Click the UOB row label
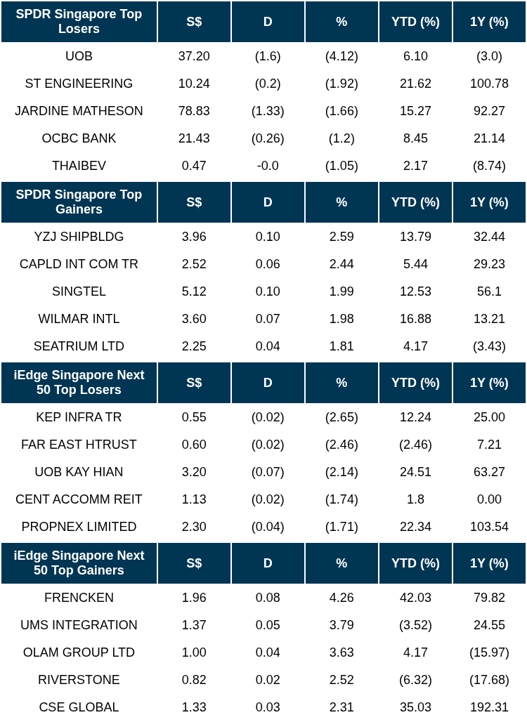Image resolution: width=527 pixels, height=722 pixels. (x=79, y=56)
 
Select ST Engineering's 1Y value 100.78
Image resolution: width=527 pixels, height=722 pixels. (x=489, y=84)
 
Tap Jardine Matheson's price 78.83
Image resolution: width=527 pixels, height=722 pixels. (x=194, y=111)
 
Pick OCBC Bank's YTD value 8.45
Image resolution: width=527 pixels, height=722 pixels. (x=415, y=138)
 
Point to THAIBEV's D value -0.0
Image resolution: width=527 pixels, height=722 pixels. (x=268, y=166)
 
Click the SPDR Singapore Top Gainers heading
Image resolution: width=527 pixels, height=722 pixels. (x=79, y=202)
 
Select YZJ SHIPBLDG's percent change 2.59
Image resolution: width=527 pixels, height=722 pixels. (x=341, y=237)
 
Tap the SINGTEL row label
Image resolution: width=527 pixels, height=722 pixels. (x=79, y=291)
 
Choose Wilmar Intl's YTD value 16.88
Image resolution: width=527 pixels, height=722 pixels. (x=415, y=319)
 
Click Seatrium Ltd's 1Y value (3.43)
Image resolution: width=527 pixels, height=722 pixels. (x=489, y=346)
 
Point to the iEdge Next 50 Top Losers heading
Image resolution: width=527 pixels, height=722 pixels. (x=79, y=382)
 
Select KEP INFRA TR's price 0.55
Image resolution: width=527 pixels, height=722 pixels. (x=194, y=417)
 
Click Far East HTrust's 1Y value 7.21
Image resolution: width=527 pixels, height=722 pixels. (x=489, y=445)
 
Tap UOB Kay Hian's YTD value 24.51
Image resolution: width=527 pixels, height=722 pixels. (x=415, y=472)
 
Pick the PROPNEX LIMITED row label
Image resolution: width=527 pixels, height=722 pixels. (x=79, y=527)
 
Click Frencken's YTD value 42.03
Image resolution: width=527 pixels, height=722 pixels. (x=415, y=598)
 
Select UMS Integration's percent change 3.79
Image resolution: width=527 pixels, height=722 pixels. (x=341, y=625)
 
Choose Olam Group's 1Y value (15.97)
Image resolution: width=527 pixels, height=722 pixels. (x=489, y=652)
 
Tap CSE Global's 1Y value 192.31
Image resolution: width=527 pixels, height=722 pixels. (x=489, y=707)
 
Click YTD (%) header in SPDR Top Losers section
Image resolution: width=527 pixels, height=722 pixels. (x=415, y=22)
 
